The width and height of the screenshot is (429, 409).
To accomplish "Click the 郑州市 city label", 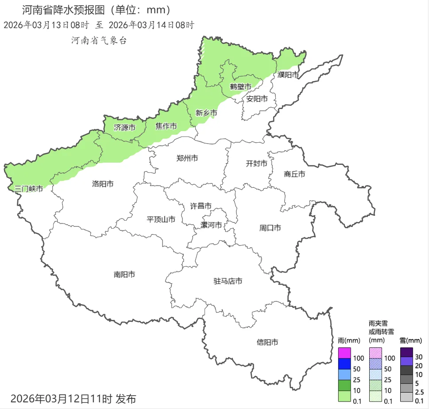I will [x=187, y=158].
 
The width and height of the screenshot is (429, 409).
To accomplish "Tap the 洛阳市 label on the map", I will [x=103, y=183].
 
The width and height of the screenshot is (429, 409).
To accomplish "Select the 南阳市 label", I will [x=124, y=275].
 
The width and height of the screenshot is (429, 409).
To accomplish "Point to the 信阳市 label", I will [x=268, y=342].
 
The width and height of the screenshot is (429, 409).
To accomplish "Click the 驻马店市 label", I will [x=228, y=281].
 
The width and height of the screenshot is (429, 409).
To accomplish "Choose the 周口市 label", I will [x=270, y=228].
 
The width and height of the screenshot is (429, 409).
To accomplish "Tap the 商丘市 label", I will [x=294, y=174].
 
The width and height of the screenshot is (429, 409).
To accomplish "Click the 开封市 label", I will [x=257, y=164].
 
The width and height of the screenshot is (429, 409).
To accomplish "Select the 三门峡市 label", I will [x=29, y=189].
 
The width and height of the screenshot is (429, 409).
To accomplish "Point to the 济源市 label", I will [x=124, y=128].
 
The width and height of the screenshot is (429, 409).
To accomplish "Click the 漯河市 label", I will [x=211, y=225].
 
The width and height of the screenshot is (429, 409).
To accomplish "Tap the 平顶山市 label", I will [x=161, y=219].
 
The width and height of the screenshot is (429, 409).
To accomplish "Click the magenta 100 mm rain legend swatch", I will [x=344, y=353].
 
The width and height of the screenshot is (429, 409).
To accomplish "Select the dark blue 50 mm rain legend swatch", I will [x=344, y=364].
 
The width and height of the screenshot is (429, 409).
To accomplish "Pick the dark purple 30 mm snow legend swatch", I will [x=406, y=353].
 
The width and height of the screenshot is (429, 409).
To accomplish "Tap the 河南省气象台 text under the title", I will [x=99, y=40].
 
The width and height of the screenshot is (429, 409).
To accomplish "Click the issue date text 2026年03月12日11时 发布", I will [x=73, y=398].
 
